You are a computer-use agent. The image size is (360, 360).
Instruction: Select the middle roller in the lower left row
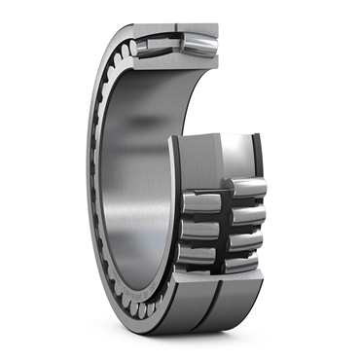click(x=201, y=228)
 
